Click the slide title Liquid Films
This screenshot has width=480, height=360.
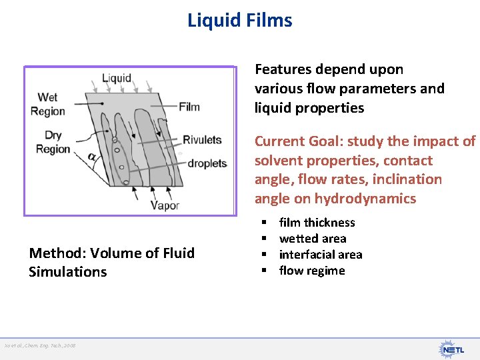(240, 21)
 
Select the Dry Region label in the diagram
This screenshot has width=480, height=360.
(53, 143)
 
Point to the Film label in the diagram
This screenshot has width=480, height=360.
(189, 106)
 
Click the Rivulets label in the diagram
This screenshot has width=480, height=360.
(202, 140)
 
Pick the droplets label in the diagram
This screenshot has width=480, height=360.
(207, 163)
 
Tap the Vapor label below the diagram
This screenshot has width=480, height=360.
(165, 205)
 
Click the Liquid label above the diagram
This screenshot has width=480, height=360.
(117, 79)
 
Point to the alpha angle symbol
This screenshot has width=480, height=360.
(91, 157)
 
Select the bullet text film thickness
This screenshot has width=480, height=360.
(317, 223)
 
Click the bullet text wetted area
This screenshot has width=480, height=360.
(313, 239)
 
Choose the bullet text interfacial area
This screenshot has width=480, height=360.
(321, 255)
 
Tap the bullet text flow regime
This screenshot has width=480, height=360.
(312, 271)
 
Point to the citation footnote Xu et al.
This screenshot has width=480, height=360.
(40, 345)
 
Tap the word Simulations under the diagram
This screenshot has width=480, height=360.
(67, 272)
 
